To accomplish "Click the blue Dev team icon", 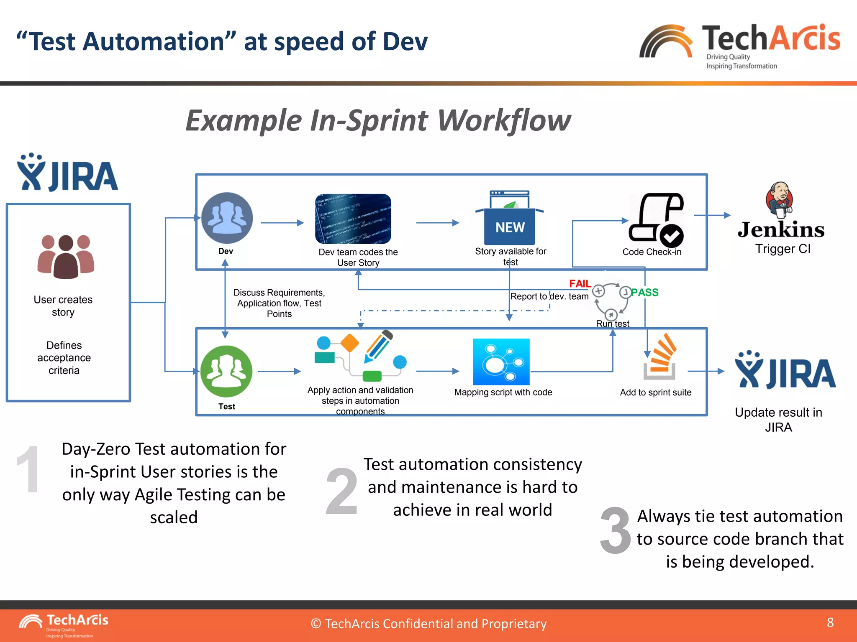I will pyautogui.click(x=227, y=218).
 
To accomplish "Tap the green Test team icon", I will pyautogui.click(x=226, y=371).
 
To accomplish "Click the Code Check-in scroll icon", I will pyautogui.click(x=656, y=220).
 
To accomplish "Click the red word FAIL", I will pyautogui.click(x=580, y=284).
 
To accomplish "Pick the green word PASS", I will pyautogui.click(x=644, y=293).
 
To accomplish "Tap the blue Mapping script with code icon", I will pyautogui.click(x=501, y=362).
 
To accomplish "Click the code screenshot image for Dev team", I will pyautogui.click(x=353, y=219).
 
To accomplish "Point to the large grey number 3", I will pyautogui.click(x=615, y=530).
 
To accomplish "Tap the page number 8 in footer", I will pyautogui.click(x=830, y=622).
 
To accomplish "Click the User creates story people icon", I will pyautogui.click(x=66, y=257).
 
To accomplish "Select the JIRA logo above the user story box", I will pyautogui.click(x=67, y=173).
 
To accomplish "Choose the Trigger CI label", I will pyautogui.click(x=783, y=249).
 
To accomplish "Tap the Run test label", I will pyautogui.click(x=612, y=324).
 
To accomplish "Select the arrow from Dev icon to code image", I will pyautogui.click(x=282, y=223).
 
